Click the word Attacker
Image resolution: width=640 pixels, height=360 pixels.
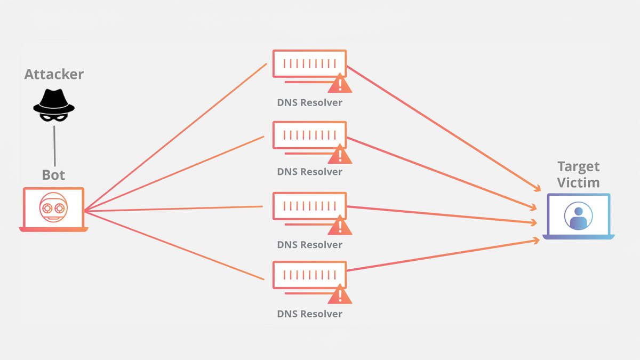(x=54, y=74)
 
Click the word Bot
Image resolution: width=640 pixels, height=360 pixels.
(x=53, y=174)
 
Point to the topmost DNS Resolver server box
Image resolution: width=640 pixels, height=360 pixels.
(x=309, y=65)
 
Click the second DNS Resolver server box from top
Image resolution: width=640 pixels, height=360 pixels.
(x=309, y=135)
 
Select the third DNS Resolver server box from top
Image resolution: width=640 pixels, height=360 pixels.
(x=309, y=206)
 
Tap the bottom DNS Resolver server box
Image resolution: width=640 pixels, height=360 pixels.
(x=309, y=275)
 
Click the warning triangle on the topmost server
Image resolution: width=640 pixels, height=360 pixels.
(x=340, y=84)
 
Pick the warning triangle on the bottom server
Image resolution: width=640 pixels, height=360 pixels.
(x=340, y=295)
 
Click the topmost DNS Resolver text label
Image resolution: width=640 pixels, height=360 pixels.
(x=309, y=102)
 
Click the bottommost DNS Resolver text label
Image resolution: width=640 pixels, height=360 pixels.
(x=309, y=314)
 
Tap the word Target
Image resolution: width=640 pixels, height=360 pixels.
(x=579, y=166)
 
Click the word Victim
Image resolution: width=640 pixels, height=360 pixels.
(x=579, y=182)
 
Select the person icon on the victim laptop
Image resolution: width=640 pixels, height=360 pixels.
(x=579, y=216)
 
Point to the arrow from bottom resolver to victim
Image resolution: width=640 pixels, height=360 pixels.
(x=443, y=255)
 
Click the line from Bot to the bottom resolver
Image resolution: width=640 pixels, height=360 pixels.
(x=176, y=245)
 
